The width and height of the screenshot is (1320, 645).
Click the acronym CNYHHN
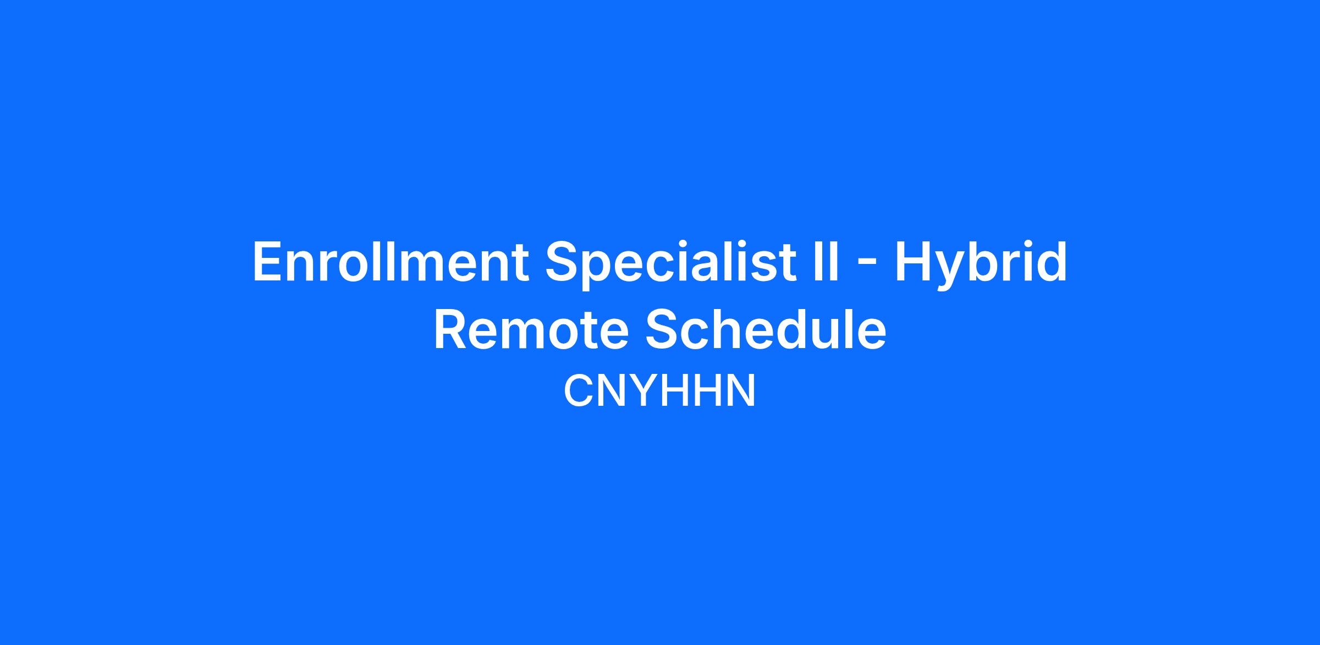coord(659,391)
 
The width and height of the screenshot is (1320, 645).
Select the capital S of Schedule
coord(663,330)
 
